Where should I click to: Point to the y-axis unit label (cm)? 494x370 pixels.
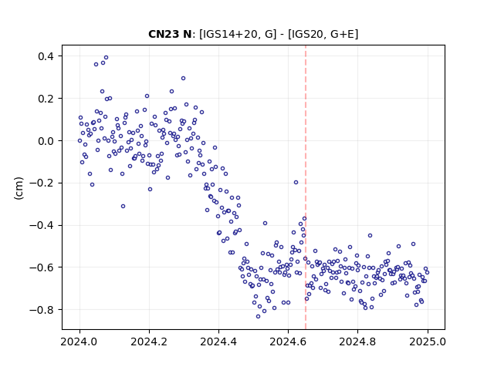click(x=19, y=188)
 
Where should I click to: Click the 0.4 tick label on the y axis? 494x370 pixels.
click(x=46, y=56)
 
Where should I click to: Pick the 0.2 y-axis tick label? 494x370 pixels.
click(x=46, y=99)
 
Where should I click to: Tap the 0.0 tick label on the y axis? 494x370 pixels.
click(x=46, y=141)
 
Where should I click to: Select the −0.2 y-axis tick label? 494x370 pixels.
click(x=42, y=183)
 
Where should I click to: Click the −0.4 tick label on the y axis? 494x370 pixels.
click(x=42, y=225)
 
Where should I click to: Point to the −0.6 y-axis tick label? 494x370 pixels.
click(x=42, y=267)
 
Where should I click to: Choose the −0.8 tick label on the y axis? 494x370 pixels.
click(x=42, y=310)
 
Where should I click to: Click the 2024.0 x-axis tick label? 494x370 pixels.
click(x=80, y=341)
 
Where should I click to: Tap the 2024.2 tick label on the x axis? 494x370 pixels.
click(x=149, y=341)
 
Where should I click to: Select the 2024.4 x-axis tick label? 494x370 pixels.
click(x=218, y=341)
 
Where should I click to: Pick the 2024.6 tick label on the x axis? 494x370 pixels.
click(x=288, y=341)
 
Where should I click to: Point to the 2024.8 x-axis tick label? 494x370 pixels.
click(x=357, y=341)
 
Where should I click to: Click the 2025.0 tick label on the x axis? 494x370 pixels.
click(x=428, y=341)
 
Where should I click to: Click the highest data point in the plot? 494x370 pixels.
click(x=107, y=58)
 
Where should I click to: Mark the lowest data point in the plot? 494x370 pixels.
click(x=258, y=317)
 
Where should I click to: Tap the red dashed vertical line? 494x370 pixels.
click(x=306, y=187)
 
